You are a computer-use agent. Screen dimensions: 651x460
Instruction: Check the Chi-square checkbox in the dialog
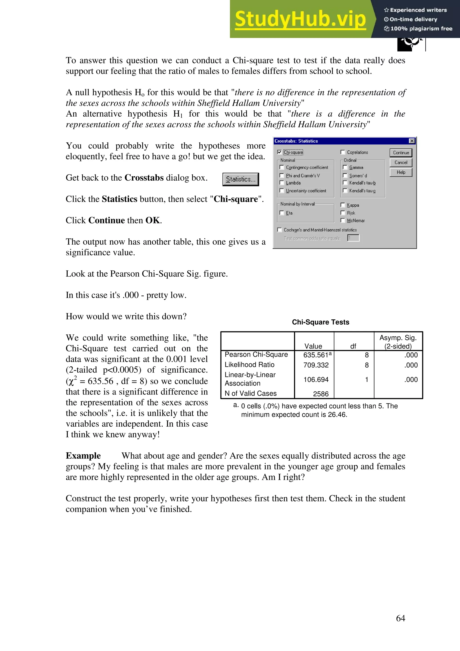(279, 152)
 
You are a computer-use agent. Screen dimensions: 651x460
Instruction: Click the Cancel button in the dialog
(401, 162)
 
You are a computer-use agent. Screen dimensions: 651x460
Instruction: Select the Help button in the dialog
(401, 172)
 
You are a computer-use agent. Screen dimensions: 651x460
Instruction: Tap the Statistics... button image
(241, 179)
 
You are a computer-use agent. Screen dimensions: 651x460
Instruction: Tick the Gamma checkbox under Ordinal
(345, 167)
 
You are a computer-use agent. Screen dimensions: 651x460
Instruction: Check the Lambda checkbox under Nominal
(282, 183)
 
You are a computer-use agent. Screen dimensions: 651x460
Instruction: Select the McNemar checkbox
(343, 220)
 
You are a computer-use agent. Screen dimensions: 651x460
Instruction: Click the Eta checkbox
(282, 213)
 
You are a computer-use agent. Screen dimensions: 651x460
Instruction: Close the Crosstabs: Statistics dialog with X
(412, 141)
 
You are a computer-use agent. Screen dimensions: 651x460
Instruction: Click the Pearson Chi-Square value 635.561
(316, 355)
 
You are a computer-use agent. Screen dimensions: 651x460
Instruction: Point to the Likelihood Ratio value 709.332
(316, 365)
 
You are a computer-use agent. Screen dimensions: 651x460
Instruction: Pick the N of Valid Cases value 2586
(321, 394)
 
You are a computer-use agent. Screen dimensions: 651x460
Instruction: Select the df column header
(353, 346)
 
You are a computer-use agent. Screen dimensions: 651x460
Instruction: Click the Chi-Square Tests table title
(321, 322)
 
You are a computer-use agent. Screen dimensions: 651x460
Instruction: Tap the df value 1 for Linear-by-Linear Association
(367, 379)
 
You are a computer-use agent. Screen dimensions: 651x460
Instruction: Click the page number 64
(400, 618)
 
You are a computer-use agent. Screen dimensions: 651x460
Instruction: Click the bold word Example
(83, 456)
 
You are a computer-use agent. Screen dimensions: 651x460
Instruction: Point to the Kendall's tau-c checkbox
(345, 190)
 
